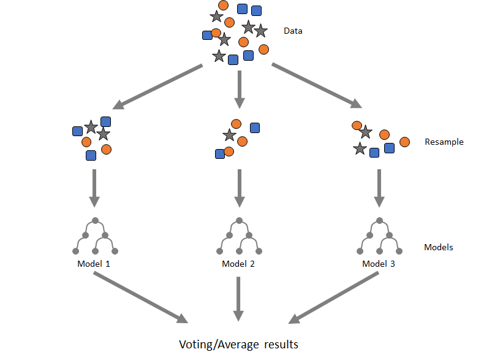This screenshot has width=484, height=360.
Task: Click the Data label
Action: (x=293, y=31)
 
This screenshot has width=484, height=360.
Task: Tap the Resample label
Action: (x=444, y=142)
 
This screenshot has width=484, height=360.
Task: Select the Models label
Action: (x=439, y=247)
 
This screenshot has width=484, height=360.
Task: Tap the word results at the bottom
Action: (x=281, y=344)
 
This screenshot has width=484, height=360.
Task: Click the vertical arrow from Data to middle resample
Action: (x=240, y=88)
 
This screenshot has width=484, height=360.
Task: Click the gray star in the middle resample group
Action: (x=229, y=135)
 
